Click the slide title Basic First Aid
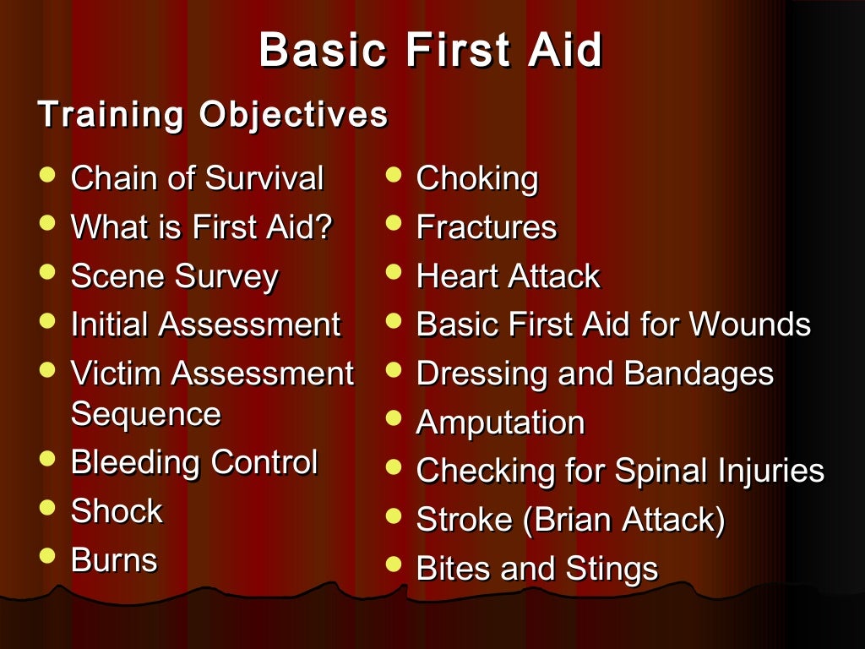pyautogui.click(x=431, y=50)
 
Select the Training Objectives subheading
pyautogui.click(x=213, y=115)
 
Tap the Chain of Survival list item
pyautogui.click(x=197, y=179)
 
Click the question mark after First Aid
pyautogui.click(x=324, y=227)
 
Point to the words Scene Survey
pyautogui.click(x=174, y=276)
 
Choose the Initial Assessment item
pyautogui.click(x=205, y=324)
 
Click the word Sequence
pyautogui.click(x=145, y=414)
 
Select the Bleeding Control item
pyautogui.click(x=194, y=462)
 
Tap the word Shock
pyautogui.click(x=117, y=511)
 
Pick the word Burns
pyautogui.click(x=114, y=559)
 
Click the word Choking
pyautogui.click(x=477, y=179)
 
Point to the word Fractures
pyautogui.click(x=487, y=227)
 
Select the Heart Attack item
pyautogui.click(x=508, y=276)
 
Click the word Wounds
pyautogui.click(x=750, y=324)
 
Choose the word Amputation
pyautogui.click(x=500, y=423)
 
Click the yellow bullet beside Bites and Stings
pyautogui.click(x=393, y=564)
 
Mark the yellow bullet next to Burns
pyautogui.click(x=48, y=555)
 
